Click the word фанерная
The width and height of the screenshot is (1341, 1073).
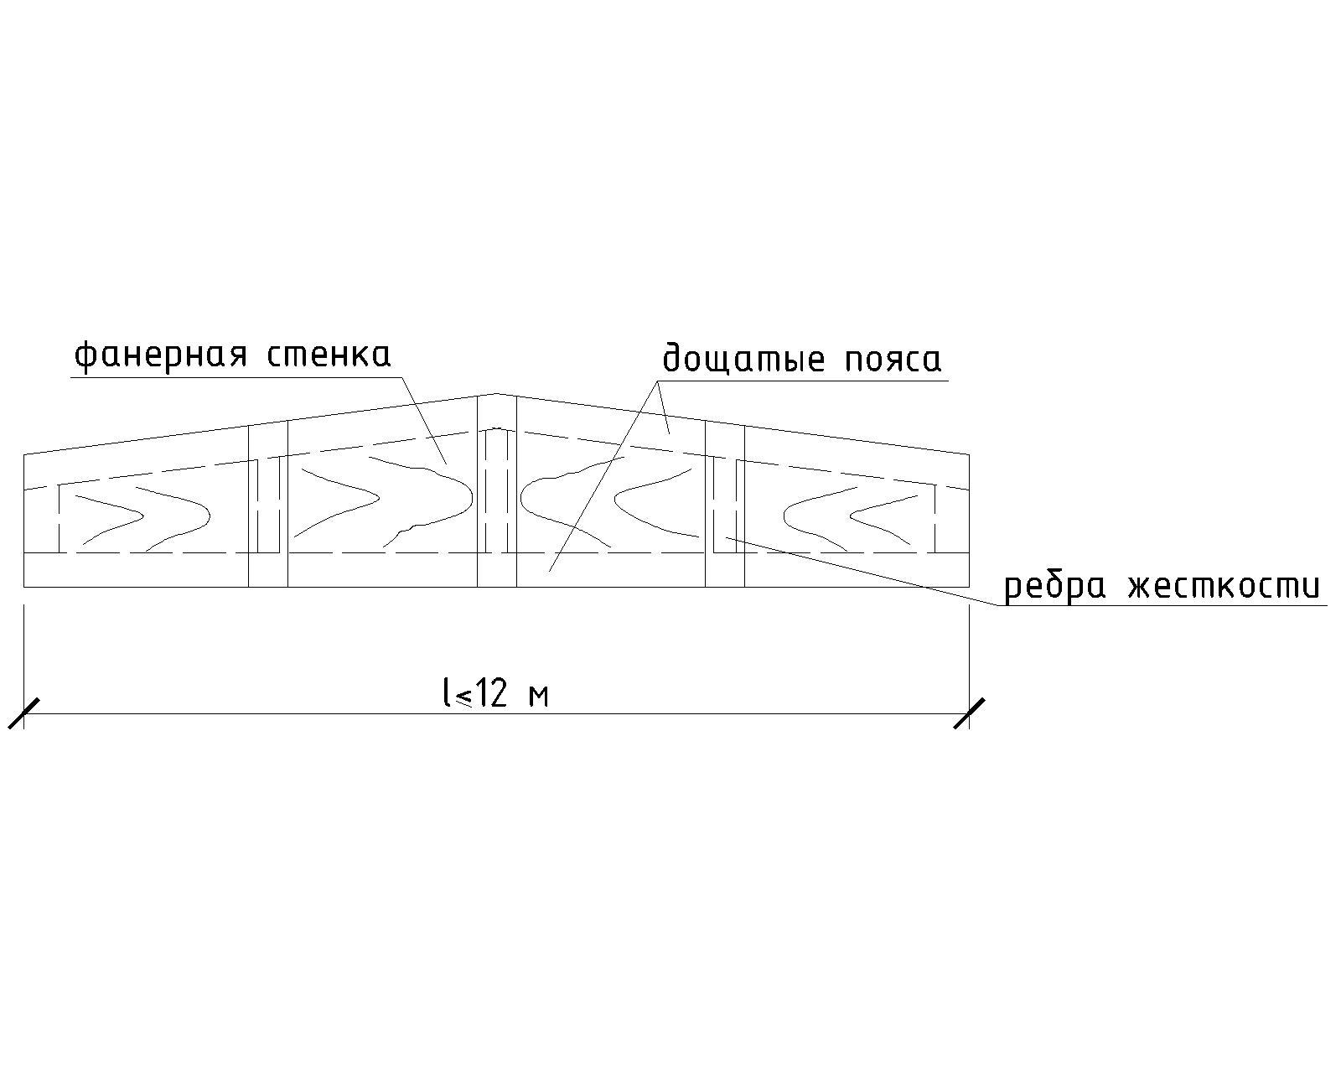click(161, 356)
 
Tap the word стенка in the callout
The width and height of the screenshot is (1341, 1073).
click(329, 355)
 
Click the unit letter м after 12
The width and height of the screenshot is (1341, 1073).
click(538, 697)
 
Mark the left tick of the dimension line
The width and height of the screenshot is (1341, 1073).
click(23, 713)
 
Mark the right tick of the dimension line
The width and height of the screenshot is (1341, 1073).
click(970, 713)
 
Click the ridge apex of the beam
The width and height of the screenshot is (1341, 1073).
click(497, 393)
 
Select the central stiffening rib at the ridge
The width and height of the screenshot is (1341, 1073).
click(497, 490)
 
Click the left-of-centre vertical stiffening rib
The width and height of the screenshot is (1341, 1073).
click(268, 505)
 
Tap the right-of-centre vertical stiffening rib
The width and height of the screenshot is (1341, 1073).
click(725, 505)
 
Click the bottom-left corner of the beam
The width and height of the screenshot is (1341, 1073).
click(23, 588)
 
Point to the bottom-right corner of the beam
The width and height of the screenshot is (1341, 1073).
click(970, 588)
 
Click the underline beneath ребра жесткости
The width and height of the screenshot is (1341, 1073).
click(1162, 604)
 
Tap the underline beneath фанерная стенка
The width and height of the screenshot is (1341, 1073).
click(236, 377)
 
